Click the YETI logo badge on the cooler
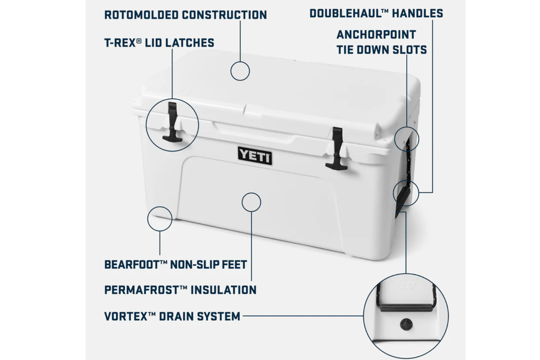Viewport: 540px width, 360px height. tap(255, 156)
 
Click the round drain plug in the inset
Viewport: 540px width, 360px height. tap(406, 324)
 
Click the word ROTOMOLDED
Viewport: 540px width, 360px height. tap(142, 15)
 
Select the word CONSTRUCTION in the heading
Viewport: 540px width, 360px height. tap(225, 15)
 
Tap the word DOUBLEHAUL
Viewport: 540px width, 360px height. tap(346, 13)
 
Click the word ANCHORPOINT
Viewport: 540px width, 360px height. tap(376, 35)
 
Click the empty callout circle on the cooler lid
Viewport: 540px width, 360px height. tap(240, 62)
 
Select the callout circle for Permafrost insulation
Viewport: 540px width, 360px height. tap(251, 193)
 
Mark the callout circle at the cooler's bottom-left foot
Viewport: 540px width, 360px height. tap(160, 207)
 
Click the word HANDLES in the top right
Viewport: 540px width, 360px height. tap(418, 13)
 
